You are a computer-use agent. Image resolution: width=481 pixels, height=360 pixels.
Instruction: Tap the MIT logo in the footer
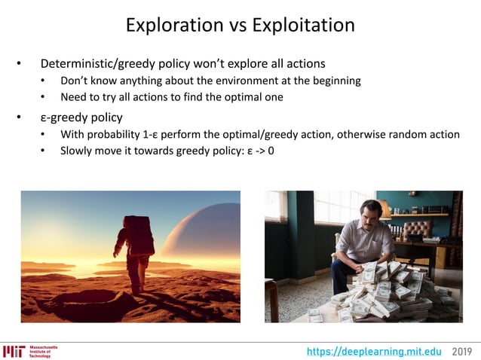click(x=14, y=351)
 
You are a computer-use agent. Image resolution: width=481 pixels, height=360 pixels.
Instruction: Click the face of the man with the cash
click(x=369, y=214)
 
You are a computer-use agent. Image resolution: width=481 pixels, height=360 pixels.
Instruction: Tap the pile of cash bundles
click(x=392, y=294)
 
